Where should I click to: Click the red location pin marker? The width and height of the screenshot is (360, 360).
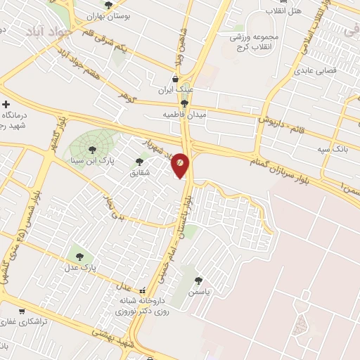pyautogui.click(x=180, y=165)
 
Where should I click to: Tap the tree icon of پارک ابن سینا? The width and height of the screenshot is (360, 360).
pyautogui.click(x=92, y=148)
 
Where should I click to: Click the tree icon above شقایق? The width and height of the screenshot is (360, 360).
pyautogui.click(x=138, y=162)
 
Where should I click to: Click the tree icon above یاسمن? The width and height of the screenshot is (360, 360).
pyautogui.click(x=205, y=280)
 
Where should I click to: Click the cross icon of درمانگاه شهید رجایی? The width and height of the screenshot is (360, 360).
pyautogui.click(x=6, y=103)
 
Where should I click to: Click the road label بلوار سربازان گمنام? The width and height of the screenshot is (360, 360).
pyautogui.click(x=288, y=169)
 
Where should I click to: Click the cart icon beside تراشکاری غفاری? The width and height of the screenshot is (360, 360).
pyautogui.click(x=22, y=310)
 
